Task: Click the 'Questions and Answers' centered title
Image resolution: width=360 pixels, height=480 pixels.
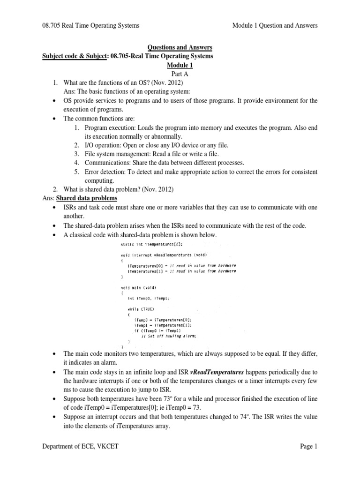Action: [180, 47]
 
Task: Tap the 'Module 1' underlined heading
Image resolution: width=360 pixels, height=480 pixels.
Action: [180, 65]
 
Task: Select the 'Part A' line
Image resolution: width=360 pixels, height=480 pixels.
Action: [180, 74]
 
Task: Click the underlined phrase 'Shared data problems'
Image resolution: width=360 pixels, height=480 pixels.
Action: [86, 199]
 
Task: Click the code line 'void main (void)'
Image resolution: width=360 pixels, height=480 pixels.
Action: [139, 287]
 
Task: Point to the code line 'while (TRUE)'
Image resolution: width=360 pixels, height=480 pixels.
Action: [141, 309]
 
